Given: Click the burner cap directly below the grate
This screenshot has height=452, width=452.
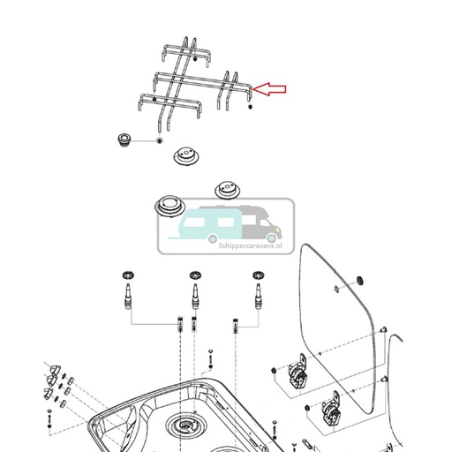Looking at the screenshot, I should click(186, 159).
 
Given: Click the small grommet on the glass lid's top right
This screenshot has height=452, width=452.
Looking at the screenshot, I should click(358, 281).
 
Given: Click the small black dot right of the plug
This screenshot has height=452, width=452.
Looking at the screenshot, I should click(158, 140).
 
